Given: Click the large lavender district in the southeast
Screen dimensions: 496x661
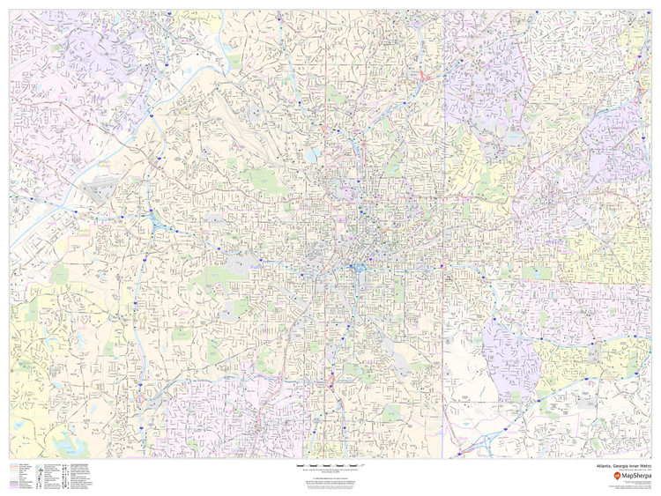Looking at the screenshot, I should (x=511, y=352).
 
